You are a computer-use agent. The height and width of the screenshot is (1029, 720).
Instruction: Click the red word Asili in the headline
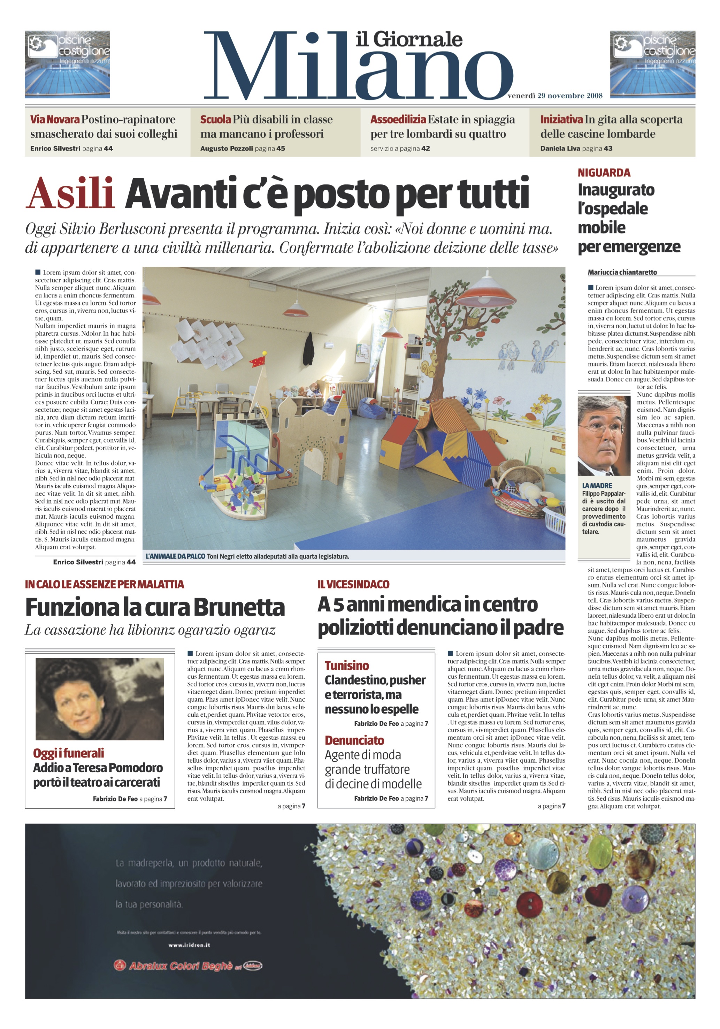pos(70,193)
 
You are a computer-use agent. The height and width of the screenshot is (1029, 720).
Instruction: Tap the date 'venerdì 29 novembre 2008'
pos(555,96)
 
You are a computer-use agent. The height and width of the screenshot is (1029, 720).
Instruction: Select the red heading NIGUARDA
pos(604,173)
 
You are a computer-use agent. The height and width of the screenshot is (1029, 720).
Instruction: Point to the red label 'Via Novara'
pos(55,120)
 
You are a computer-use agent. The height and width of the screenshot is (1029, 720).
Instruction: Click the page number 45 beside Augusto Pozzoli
pos(281,148)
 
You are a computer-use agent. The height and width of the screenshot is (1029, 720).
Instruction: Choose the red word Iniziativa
pos(562,120)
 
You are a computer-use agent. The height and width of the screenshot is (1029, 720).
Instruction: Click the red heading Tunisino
pos(346,665)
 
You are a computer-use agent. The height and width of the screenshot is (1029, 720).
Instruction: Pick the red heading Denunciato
pos(354,740)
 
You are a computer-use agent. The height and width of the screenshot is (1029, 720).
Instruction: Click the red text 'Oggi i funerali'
pos(69,753)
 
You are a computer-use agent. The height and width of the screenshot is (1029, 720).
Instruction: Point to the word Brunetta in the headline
pos(240,607)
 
